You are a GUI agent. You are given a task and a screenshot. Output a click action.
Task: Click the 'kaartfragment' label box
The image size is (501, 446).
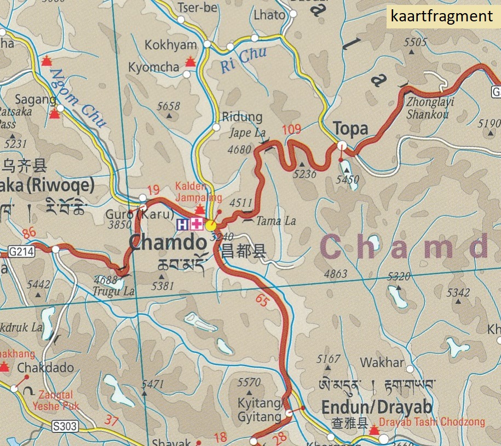pyautogui.click(x=442, y=16)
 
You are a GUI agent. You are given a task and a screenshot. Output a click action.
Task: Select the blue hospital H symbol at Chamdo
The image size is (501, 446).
pyautogui.click(x=182, y=224)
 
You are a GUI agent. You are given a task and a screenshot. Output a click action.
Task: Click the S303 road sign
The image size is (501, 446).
pyautogui.click(x=65, y=426)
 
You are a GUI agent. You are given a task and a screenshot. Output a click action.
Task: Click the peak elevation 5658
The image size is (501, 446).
pyautogui.click(x=168, y=107)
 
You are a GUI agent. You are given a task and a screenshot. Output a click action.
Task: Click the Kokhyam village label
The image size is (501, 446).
pyautogui.click(x=170, y=45)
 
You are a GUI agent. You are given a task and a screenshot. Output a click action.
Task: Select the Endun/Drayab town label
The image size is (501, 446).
pyautogui.click(x=377, y=408)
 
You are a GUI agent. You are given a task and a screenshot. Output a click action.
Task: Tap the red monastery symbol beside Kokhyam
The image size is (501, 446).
pyautogui.click(x=190, y=61)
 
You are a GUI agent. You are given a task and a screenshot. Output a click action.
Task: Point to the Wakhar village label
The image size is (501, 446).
pyautogui.click(x=382, y=363)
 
